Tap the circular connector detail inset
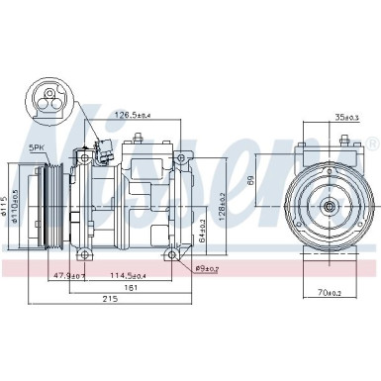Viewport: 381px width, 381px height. click(x=48, y=103)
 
